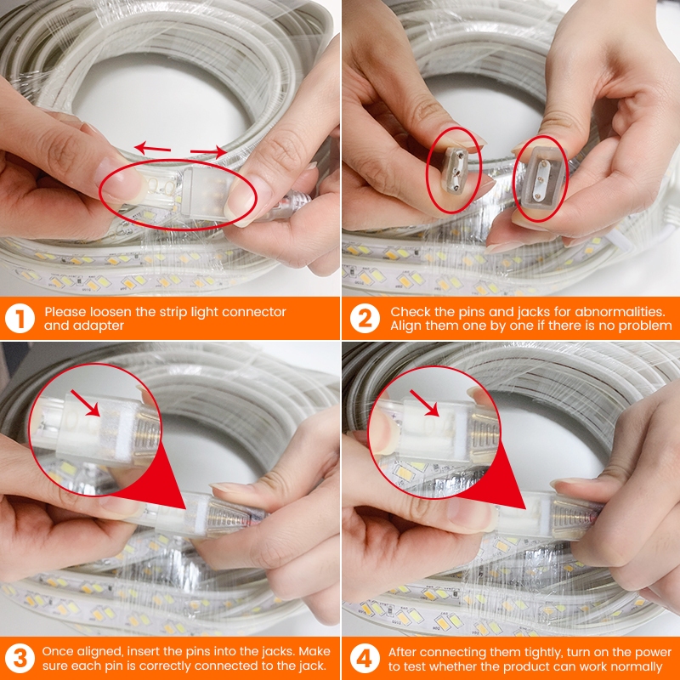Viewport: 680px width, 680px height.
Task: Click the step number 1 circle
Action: point(20,318)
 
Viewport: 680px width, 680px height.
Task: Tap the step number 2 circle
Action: point(365,318)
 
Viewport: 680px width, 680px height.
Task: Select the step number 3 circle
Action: point(20,658)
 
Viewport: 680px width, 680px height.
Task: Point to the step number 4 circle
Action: point(365,658)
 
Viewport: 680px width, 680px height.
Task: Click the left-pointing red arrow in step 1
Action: point(152,148)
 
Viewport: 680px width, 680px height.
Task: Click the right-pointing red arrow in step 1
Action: point(208,152)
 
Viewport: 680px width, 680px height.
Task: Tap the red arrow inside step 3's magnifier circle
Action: point(86,403)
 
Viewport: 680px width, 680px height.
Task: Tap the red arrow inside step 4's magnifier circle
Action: point(424,403)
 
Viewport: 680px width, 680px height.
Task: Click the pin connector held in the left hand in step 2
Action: point(455,169)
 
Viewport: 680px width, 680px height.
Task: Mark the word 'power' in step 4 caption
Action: point(653,653)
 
